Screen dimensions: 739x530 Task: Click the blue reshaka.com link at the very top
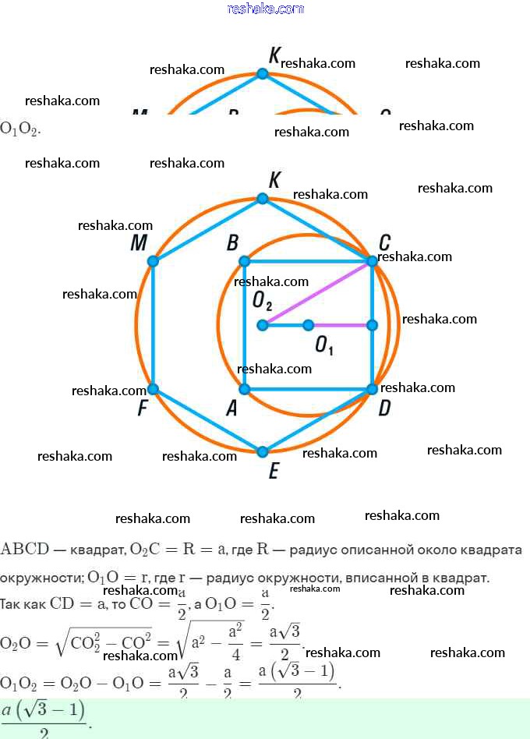coord(265,9)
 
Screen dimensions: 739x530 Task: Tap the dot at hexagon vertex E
coord(263,451)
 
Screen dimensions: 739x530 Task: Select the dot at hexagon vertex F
coord(153,388)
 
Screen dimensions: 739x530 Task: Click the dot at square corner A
coord(244,388)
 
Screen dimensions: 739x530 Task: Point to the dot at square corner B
coord(244,261)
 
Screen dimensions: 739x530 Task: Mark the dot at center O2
coord(263,324)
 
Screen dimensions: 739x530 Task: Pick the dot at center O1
coord(309,324)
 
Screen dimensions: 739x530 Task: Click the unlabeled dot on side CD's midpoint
coord(372,324)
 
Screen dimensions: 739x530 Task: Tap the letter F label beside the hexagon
coord(143,408)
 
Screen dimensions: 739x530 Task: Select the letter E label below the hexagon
coord(273,472)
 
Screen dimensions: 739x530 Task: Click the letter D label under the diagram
coord(384,408)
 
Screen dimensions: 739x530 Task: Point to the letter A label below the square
coord(231,408)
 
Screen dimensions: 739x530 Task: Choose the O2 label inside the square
coord(262,299)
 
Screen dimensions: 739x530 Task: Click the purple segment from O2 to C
coord(317,293)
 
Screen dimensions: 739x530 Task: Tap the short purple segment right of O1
coord(341,324)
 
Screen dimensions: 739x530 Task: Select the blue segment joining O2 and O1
coord(285,324)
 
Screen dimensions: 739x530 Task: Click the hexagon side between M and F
coord(153,324)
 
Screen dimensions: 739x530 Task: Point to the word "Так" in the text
coord(12,603)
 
